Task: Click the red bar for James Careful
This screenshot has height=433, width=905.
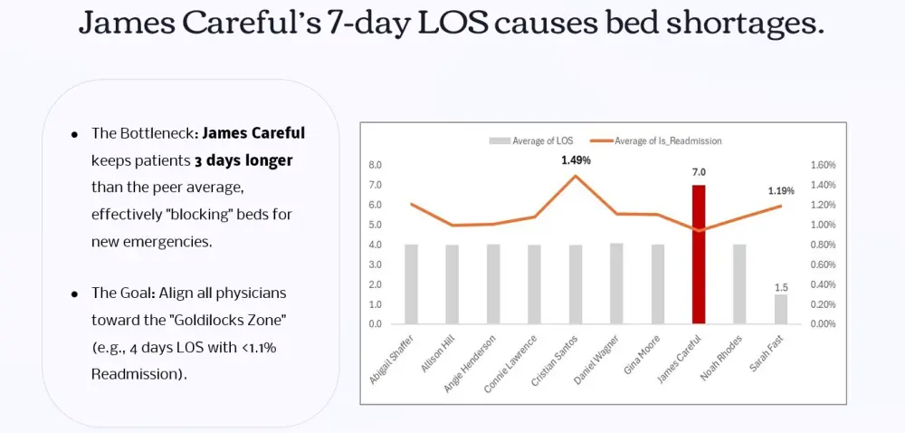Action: (x=698, y=255)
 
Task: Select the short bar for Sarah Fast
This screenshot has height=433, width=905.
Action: (x=780, y=309)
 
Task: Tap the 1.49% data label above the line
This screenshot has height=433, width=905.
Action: (x=576, y=160)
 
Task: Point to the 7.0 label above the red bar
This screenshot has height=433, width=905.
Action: (x=699, y=172)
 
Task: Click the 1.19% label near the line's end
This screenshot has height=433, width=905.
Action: (x=781, y=191)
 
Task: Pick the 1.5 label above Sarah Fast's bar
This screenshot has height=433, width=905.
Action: (x=780, y=286)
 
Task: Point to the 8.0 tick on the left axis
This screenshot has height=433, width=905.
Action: (x=376, y=166)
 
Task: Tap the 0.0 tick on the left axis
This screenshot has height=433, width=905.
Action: (x=376, y=323)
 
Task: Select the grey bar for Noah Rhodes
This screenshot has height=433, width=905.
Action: (x=739, y=284)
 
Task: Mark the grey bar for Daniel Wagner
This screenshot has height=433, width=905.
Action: (x=616, y=283)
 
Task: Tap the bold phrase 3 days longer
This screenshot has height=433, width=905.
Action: (x=243, y=160)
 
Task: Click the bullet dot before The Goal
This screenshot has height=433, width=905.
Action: (x=73, y=295)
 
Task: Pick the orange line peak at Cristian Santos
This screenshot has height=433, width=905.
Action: (x=576, y=176)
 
